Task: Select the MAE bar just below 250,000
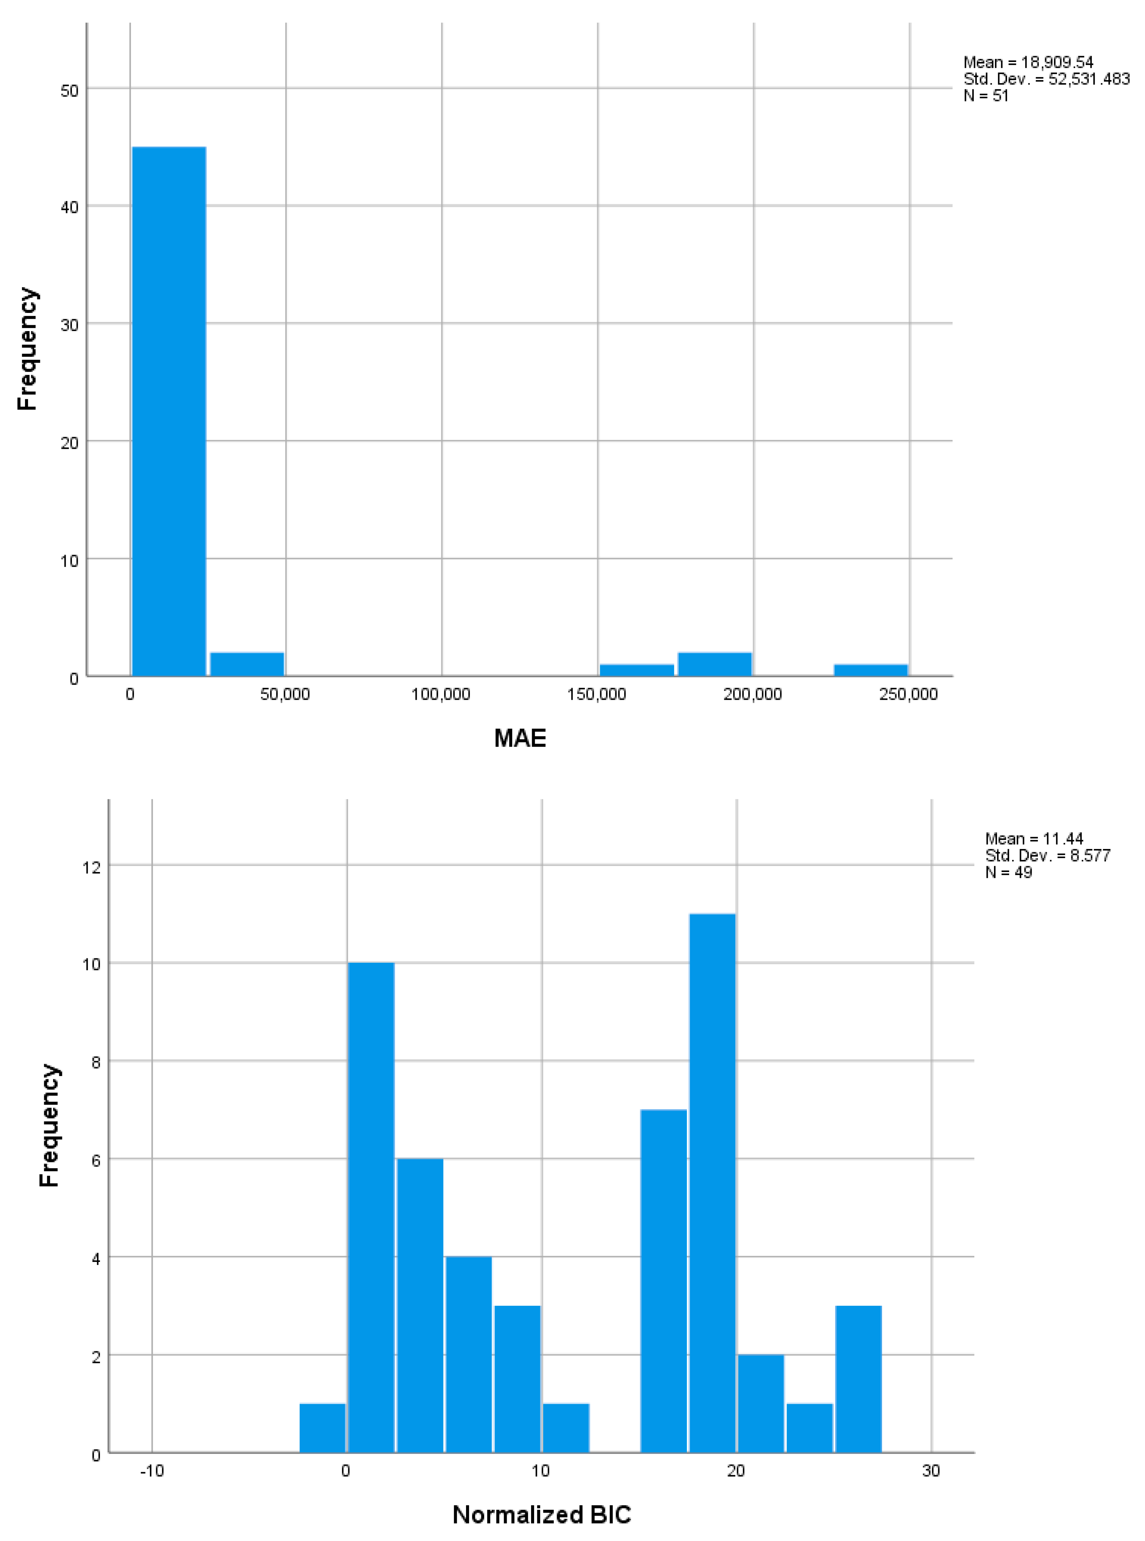pos(870,670)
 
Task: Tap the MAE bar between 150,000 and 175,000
pos(636,670)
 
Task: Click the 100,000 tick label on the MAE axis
pos(441,694)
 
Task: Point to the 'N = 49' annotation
pos(1008,872)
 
